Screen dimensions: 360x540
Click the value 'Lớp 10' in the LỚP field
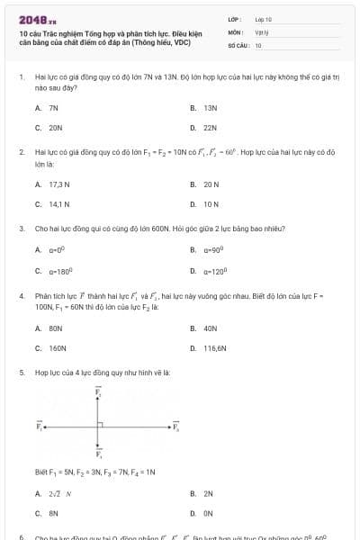(263, 18)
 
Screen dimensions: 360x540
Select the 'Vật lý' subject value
(262, 31)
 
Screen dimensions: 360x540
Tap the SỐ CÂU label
(238, 44)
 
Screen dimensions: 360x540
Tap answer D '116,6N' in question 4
(214, 346)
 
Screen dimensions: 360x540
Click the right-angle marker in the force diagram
(104, 422)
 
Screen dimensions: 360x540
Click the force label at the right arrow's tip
(176, 426)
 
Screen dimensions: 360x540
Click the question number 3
(22, 229)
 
